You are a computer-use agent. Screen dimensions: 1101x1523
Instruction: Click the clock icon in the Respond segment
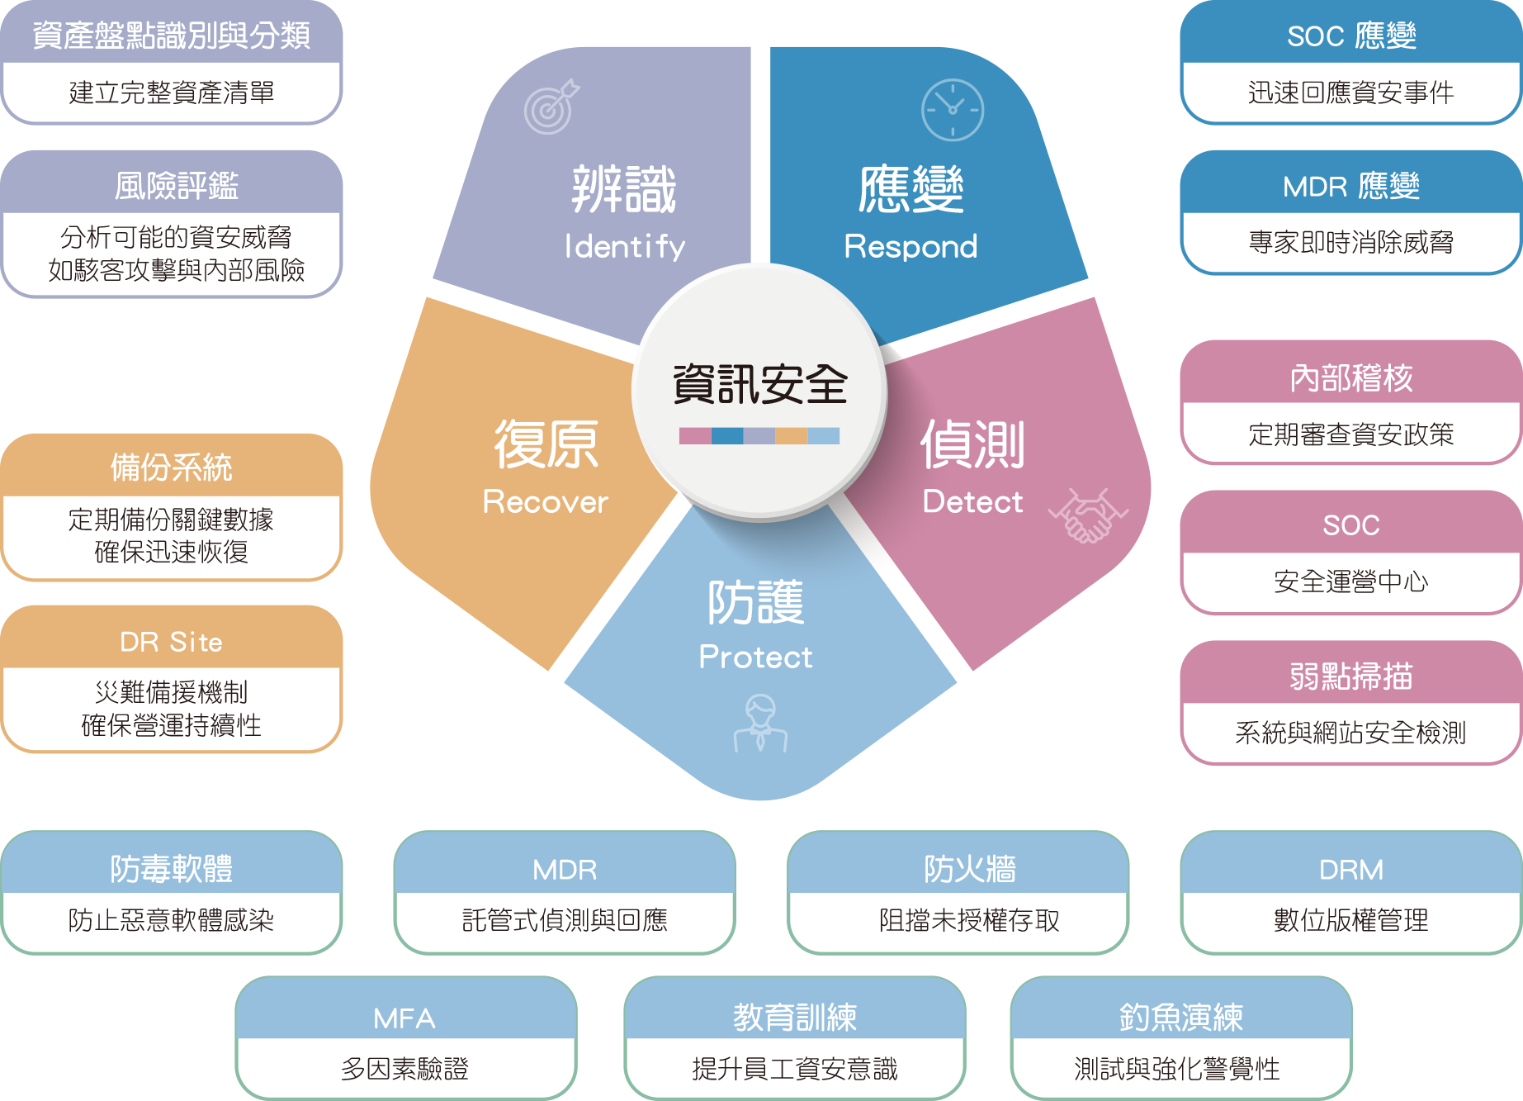point(952,110)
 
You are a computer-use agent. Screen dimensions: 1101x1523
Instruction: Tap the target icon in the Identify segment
point(551,107)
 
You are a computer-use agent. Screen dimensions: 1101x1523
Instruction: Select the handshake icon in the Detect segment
point(1088,515)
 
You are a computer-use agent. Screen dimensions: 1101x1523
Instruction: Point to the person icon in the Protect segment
point(760,723)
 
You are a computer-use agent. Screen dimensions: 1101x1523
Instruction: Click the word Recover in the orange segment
point(545,501)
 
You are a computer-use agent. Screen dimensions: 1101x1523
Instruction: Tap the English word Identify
point(625,246)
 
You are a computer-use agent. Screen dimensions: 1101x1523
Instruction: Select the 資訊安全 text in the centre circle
point(759,384)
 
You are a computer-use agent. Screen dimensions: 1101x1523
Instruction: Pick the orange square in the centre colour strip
point(791,435)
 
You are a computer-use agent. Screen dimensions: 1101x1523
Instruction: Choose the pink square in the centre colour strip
point(694,435)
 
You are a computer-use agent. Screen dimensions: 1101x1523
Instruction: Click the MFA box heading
point(404,1018)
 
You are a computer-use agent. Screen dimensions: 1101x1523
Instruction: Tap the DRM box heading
point(1350,870)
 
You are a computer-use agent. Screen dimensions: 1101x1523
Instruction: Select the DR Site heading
point(171,642)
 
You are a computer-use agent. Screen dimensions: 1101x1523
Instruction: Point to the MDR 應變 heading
point(1350,187)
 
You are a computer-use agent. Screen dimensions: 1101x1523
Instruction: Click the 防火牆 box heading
point(969,870)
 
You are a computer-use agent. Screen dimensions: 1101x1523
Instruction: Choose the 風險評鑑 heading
point(176,186)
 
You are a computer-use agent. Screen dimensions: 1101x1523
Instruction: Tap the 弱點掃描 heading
point(1350,676)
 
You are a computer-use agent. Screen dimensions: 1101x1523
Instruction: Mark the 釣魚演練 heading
point(1180,1018)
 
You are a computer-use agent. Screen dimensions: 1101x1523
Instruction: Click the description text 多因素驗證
point(404,1069)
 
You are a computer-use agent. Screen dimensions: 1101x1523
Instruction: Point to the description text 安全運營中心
point(1350,581)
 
